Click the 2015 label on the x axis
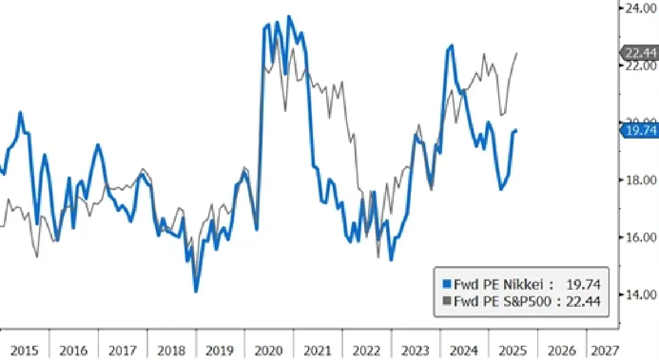(24, 350)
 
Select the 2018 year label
(171, 350)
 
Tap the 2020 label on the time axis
(269, 350)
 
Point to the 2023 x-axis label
(416, 350)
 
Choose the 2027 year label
(605, 350)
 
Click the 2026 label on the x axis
(562, 350)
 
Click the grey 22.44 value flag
(640, 53)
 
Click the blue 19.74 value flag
(640, 130)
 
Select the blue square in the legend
(446, 284)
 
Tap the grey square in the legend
(446, 301)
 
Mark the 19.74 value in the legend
(583, 284)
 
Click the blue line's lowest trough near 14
(196, 291)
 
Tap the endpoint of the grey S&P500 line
(517, 53)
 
